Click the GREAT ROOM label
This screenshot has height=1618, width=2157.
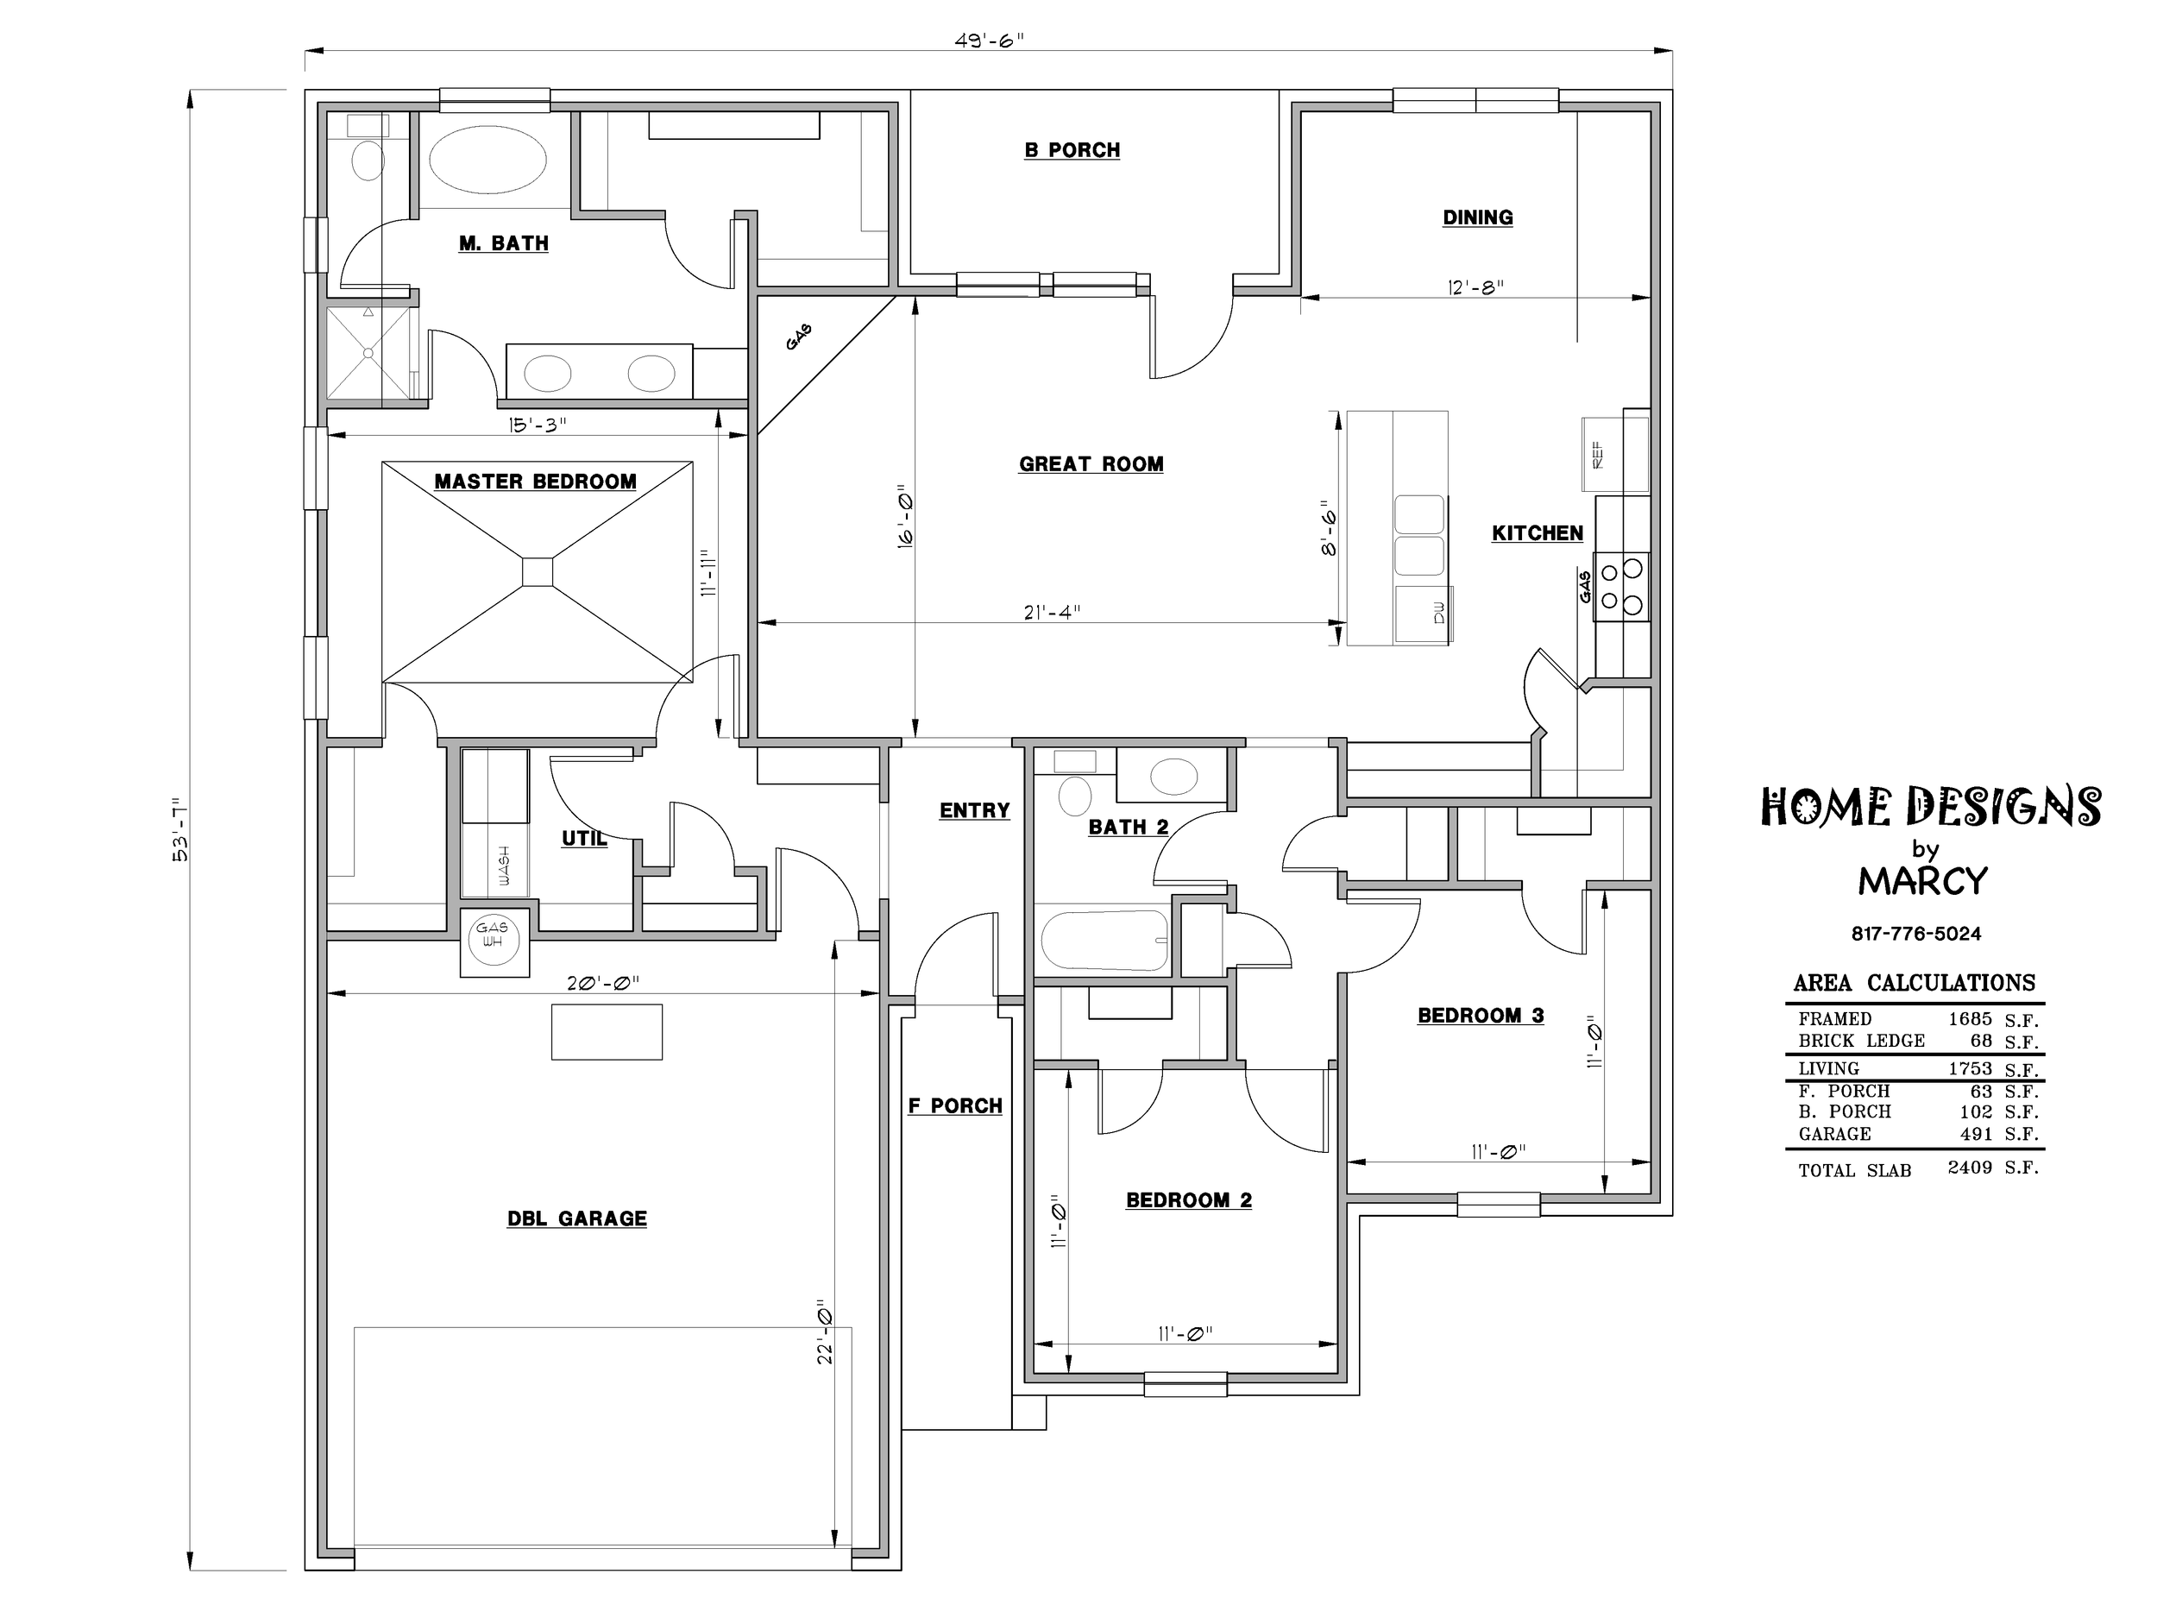click(x=1091, y=464)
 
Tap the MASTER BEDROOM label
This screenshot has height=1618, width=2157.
click(x=535, y=482)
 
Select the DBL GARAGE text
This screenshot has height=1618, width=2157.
click(x=577, y=1219)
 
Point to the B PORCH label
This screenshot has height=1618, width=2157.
click(x=1072, y=150)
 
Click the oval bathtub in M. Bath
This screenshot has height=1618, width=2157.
click(x=487, y=161)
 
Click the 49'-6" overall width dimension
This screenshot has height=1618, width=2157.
click(x=989, y=41)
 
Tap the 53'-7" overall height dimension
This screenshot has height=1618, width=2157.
click(x=181, y=829)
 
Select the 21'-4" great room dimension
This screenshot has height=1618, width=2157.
click(x=1052, y=613)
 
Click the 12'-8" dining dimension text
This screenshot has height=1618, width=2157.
click(x=1475, y=286)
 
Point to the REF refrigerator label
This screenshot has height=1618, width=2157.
click(x=1597, y=456)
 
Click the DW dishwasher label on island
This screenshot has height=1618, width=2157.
click(x=1439, y=613)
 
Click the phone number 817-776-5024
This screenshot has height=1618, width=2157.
click(x=1916, y=934)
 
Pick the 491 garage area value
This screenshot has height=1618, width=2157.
click(x=1977, y=1133)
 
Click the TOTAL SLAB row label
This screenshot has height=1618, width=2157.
click(x=1855, y=1170)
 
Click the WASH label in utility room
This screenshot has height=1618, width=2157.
click(x=504, y=865)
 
